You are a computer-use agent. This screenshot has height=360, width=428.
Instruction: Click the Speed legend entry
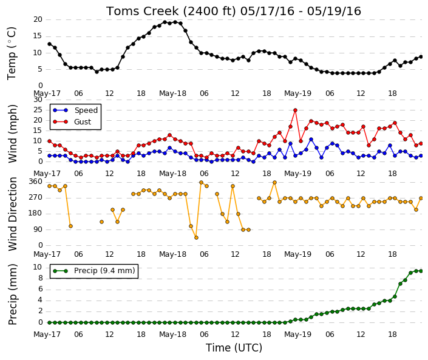[x=75, y=110]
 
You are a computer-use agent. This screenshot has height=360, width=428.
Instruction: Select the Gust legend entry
[x=72, y=122]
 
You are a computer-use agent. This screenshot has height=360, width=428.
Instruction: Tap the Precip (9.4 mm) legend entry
[x=94, y=271]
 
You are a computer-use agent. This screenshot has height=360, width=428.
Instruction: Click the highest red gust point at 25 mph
[x=295, y=110]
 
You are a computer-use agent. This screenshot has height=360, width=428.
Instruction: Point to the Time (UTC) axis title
[x=234, y=348]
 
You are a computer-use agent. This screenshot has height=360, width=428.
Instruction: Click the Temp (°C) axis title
[x=12, y=53]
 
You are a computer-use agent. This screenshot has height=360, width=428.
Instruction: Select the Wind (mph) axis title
[x=12, y=134]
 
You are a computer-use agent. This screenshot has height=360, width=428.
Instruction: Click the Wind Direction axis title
[x=12, y=214]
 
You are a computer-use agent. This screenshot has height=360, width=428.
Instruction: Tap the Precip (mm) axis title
[x=12, y=294]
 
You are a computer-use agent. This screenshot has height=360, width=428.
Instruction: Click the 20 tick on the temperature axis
[x=38, y=19]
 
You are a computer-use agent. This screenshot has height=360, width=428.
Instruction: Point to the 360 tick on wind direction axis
[x=36, y=182]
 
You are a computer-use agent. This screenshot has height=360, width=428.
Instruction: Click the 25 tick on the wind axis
[x=38, y=110]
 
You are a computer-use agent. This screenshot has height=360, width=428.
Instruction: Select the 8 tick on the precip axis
[x=41, y=278]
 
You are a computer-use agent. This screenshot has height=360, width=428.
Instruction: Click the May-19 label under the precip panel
[x=297, y=335]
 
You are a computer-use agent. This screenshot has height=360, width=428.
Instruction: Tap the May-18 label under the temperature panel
[x=172, y=93]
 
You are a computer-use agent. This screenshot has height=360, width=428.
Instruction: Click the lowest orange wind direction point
[x=196, y=238]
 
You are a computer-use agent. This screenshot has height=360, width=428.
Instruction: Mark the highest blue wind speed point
[x=311, y=140]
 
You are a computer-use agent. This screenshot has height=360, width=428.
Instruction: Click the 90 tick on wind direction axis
[x=38, y=229]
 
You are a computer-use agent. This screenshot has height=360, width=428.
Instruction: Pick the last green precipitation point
[x=421, y=271]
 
